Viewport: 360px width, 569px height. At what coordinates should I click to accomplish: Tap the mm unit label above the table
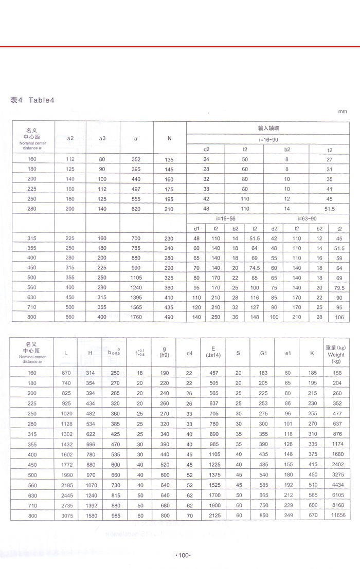pos(343,112)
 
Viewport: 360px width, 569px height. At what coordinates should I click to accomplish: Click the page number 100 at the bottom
pos(184,555)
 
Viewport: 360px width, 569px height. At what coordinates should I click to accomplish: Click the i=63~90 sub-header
pos(307,219)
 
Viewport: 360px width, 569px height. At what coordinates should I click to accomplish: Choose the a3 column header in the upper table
pos(102,138)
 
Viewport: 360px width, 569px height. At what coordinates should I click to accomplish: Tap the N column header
pos(170,138)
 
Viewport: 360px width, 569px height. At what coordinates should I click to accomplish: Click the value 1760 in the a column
pos(136,317)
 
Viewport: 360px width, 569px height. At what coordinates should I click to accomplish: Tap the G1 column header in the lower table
pos(263,353)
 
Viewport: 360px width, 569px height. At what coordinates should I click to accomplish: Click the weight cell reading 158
pos(337,372)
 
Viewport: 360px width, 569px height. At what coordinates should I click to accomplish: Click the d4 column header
pos(189,353)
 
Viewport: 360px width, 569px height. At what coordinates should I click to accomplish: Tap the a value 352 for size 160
pos(136,159)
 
